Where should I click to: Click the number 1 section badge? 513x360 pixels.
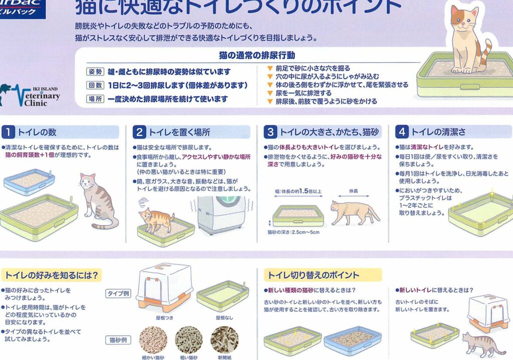pos(8,132)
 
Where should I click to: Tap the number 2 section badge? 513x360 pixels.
pos(139,132)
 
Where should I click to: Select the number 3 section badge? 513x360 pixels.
pos(271,132)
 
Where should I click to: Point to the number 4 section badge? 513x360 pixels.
pos(402,132)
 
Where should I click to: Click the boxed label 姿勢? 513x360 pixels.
pos(95,72)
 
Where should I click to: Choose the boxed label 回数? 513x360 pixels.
pos(95,86)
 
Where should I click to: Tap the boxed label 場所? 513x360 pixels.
pos(95,99)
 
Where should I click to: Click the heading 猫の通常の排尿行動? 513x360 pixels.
pos(257,55)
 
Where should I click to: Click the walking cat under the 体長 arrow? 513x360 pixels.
pos(355,213)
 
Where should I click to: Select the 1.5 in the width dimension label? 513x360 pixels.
pos(304,191)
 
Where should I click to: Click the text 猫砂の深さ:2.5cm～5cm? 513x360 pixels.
pos(293,232)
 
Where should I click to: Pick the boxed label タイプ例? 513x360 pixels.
pos(118,293)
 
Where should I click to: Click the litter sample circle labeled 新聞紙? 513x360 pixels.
pos(224,340)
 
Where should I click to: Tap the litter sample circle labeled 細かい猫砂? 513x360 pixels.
pos(153,340)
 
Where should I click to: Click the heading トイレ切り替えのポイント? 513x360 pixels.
pos(313,275)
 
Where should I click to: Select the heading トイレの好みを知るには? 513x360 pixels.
pos(52,275)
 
